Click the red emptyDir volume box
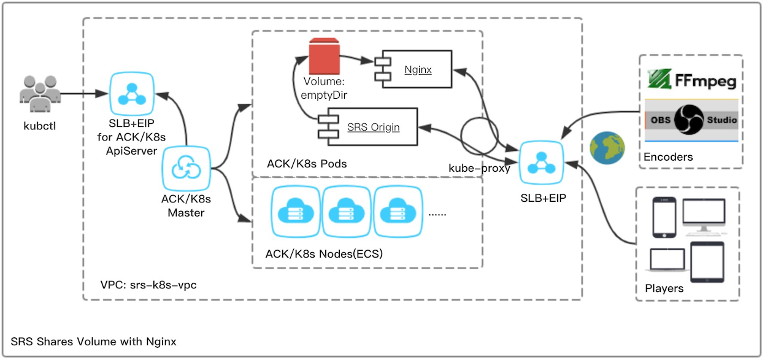point(324,56)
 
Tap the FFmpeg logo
point(692,80)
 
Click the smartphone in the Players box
point(664,217)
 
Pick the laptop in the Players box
point(666,260)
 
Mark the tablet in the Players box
point(707,262)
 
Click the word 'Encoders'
point(668,157)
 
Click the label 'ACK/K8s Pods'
point(307,164)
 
